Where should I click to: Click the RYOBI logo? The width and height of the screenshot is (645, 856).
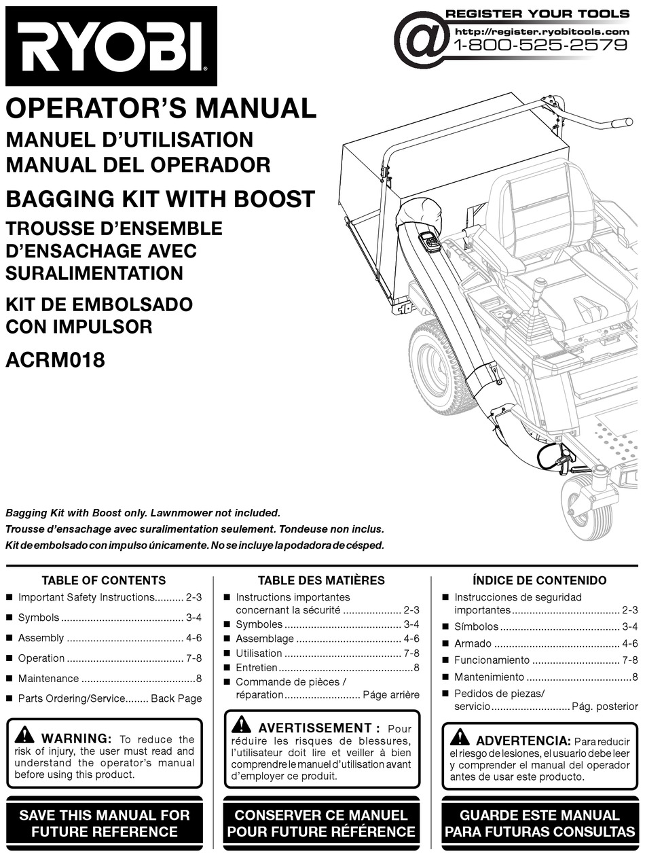tap(111, 46)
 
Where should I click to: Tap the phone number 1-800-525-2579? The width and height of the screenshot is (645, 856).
tap(540, 46)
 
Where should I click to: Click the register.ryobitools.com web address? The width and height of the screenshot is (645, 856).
tap(542, 31)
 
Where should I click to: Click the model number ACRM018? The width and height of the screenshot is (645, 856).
tap(55, 359)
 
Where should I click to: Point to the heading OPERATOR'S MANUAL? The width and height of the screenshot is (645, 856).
tap(161, 109)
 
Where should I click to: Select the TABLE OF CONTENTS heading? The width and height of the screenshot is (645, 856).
tap(104, 580)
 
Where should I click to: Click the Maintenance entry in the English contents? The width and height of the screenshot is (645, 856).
tap(48, 678)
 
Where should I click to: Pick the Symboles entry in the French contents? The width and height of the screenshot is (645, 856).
tap(259, 624)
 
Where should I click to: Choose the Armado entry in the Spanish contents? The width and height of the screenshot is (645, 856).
tap(473, 643)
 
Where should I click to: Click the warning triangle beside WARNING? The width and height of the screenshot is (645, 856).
tap(24, 734)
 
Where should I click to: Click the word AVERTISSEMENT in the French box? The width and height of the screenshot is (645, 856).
tap(314, 728)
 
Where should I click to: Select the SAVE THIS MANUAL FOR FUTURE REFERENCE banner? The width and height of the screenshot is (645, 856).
tap(105, 823)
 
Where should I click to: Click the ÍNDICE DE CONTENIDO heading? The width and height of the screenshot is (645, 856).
tap(539, 580)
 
